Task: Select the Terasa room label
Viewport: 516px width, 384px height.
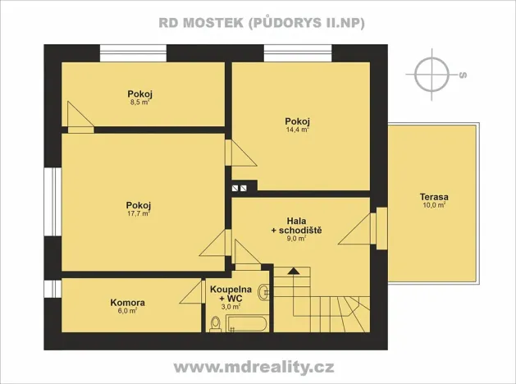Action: (432, 197)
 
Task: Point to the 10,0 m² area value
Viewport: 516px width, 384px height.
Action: (432, 206)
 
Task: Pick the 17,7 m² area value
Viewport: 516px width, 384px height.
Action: (138, 214)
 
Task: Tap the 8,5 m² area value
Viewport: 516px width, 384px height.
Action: (139, 103)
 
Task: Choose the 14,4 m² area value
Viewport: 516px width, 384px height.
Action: (296, 129)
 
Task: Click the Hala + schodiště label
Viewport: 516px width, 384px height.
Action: (296, 226)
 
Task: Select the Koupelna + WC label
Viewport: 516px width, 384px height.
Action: (231, 294)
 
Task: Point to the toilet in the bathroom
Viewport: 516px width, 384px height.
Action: (215, 324)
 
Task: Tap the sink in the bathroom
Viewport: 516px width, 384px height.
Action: (263, 291)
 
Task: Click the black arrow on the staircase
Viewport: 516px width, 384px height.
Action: (294, 271)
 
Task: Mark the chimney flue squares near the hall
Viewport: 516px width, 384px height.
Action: (240, 188)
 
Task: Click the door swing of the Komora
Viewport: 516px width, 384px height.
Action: (195, 291)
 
